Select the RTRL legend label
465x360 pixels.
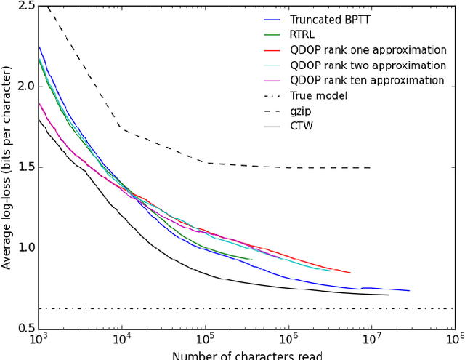point(303,36)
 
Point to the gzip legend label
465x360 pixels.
point(301,110)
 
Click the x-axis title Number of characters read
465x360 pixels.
point(246,355)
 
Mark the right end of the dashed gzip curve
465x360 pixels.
point(371,167)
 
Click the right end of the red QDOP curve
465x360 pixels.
point(350,273)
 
